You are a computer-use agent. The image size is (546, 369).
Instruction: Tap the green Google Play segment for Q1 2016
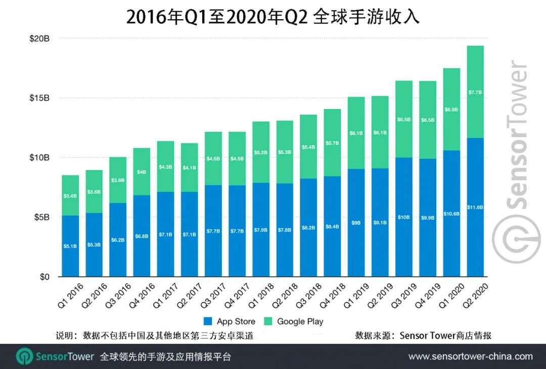pyautogui.click(x=70, y=196)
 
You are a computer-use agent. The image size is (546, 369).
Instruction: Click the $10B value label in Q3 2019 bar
pyautogui.click(x=403, y=217)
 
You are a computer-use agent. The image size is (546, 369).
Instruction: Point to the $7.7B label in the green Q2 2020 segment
pyautogui.click(x=475, y=93)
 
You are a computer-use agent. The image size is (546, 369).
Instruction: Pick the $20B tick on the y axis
pyautogui.click(x=39, y=38)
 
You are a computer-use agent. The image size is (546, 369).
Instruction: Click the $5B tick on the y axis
pyautogui.click(x=42, y=217)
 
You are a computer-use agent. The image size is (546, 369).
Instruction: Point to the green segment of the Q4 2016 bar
pyautogui.click(x=142, y=172)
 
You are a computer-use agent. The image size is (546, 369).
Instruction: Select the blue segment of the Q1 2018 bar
pyautogui.click(x=261, y=230)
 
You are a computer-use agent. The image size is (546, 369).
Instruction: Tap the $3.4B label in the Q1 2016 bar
pyautogui.click(x=70, y=196)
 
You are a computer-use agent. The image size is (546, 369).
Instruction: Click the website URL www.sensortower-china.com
pyautogui.click(x=470, y=356)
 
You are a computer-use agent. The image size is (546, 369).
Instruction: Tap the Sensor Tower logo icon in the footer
pyautogui.click(x=24, y=356)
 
